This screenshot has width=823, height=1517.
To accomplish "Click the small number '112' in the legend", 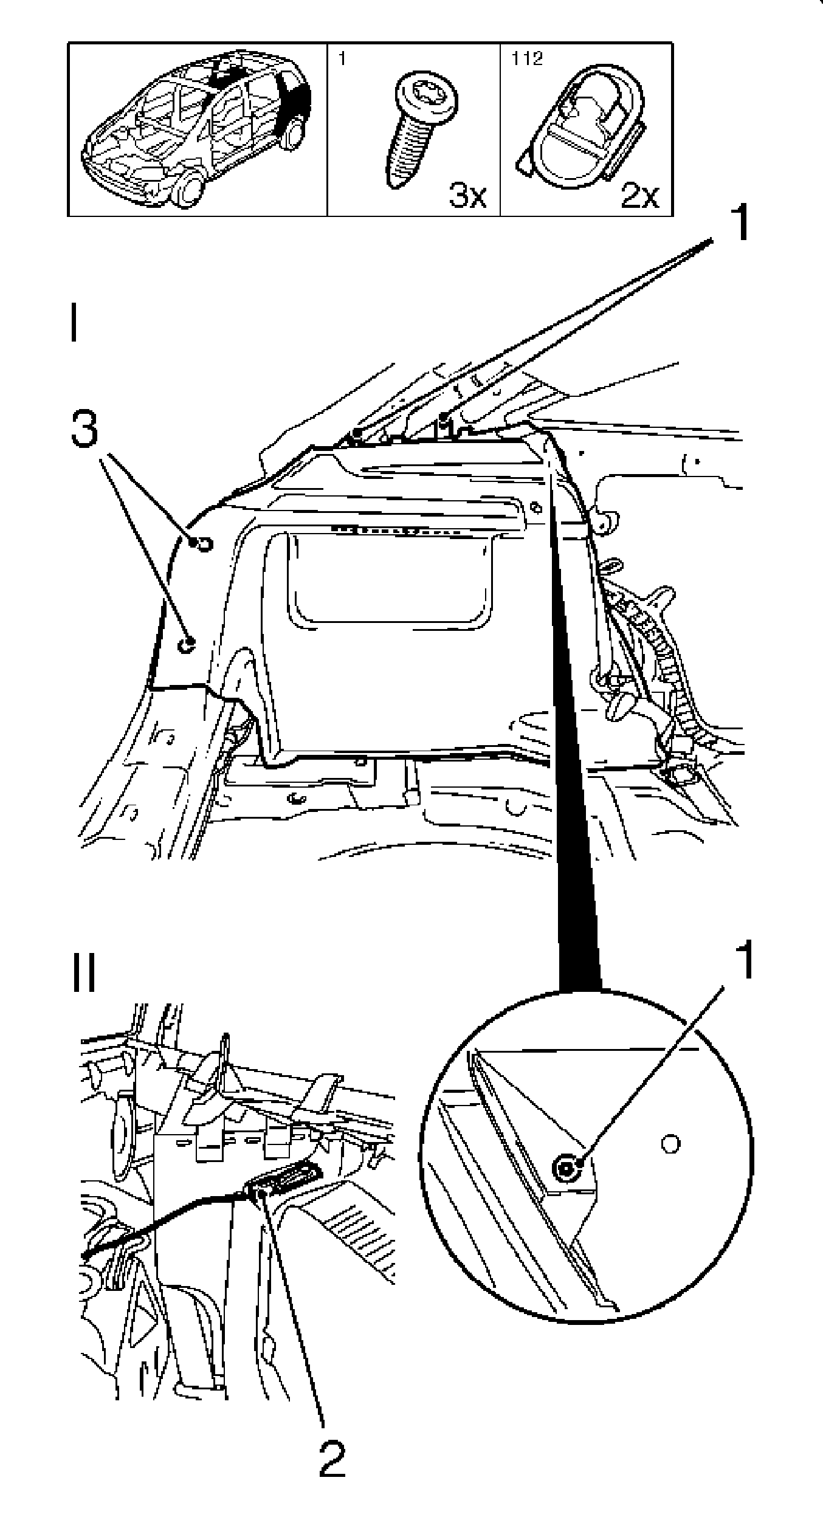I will pos(527,59).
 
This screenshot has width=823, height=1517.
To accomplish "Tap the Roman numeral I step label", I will pos(74,324).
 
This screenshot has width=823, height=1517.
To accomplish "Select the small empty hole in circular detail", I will pos(670,1143).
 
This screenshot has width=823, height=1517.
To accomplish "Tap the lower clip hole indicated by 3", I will pos(187,645).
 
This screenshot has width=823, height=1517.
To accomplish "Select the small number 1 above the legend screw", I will pos(341,59).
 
